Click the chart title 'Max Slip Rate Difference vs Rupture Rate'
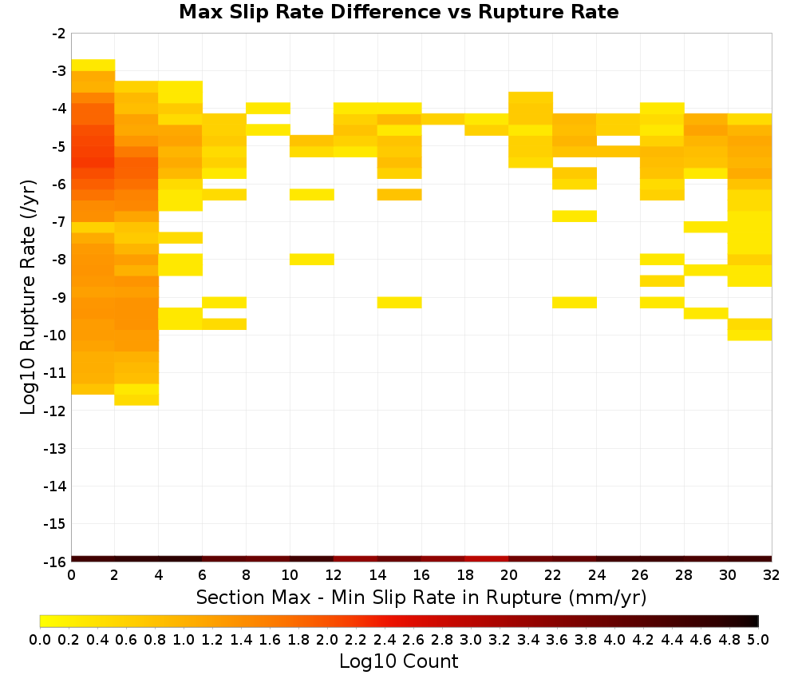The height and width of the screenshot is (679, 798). (x=398, y=12)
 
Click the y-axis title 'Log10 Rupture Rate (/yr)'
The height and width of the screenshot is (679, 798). (x=29, y=297)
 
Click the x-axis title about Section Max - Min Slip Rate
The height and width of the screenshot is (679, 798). (x=421, y=597)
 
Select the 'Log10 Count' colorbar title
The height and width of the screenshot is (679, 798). (x=398, y=661)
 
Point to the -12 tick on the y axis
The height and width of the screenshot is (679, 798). (x=54, y=411)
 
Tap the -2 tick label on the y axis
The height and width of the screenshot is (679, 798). (x=58, y=34)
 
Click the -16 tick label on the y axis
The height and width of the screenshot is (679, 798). (x=54, y=562)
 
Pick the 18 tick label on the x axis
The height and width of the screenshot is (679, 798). (x=465, y=575)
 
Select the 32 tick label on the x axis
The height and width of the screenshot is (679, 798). (x=772, y=575)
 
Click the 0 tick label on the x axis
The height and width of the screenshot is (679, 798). (x=71, y=575)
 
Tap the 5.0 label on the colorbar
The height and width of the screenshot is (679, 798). (x=758, y=639)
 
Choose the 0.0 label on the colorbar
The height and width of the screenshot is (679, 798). (x=40, y=639)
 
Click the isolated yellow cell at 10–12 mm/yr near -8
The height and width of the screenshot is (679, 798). (x=312, y=260)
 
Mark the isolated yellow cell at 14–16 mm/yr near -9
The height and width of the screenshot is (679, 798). (x=400, y=303)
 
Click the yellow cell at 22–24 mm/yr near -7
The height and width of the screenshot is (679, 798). (x=575, y=216)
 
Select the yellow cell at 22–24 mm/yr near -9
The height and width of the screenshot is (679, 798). (x=575, y=303)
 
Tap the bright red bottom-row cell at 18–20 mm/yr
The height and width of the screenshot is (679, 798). (x=487, y=559)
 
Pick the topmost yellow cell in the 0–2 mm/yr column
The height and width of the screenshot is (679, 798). (x=93, y=66)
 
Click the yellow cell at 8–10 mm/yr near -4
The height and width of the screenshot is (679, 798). (x=268, y=109)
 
